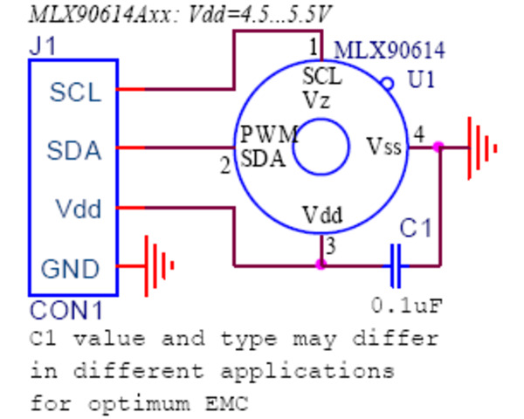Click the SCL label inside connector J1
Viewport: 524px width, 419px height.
point(75,92)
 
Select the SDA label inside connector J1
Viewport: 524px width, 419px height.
point(74,150)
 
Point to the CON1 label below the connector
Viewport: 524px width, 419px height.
point(66,310)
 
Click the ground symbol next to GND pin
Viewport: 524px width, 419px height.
point(157,265)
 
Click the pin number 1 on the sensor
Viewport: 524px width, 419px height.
point(314,45)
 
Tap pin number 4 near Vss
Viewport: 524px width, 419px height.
point(419,134)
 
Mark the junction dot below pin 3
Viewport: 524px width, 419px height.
point(321,264)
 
